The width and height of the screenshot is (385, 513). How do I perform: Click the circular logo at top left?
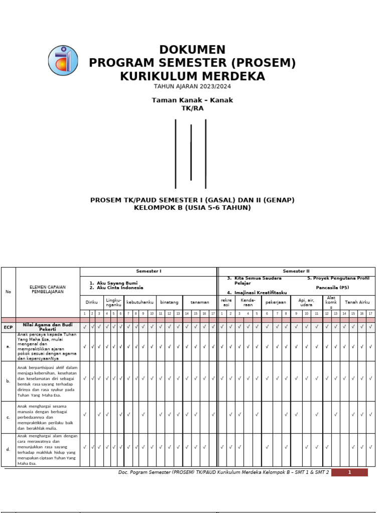coord(63,61)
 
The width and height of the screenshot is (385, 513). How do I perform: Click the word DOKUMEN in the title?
coord(192,50)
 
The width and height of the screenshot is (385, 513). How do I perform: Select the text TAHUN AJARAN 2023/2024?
coord(192,86)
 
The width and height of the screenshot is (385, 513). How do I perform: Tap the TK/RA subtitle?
coord(192,108)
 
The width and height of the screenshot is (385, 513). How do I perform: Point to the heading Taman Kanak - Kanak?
coord(192,100)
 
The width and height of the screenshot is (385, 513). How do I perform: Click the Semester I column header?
coord(148,271)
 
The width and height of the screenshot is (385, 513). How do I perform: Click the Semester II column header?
coord(297,271)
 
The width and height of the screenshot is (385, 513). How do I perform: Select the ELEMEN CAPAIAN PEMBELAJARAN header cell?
coord(48,289)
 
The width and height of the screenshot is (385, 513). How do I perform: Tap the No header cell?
coord(8,292)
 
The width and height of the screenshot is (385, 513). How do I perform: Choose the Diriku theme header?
coord(92,302)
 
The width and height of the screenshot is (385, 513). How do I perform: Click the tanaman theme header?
coord(200,302)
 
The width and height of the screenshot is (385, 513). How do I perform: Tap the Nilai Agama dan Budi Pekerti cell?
coord(48,327)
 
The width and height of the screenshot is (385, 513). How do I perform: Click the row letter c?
coord(8,417)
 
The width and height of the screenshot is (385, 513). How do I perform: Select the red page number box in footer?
coord(349,472)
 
